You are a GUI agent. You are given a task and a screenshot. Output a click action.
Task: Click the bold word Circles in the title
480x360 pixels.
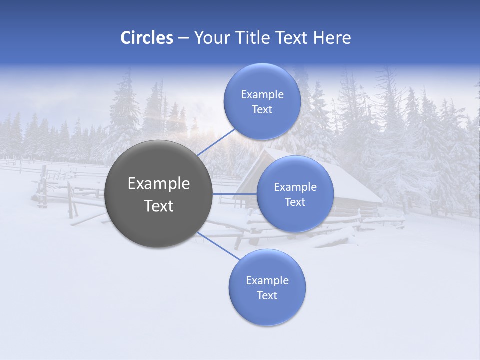click(x=147, y=38)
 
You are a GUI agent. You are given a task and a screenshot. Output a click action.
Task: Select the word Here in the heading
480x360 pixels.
click(x=332, y=38)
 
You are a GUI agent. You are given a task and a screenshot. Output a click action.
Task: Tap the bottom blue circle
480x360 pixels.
click(x=267, y=310)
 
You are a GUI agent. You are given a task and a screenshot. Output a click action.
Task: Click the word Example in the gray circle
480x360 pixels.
click(x=159, y=184)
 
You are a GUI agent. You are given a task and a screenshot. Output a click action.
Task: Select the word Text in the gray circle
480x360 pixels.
click(x=159, y=206)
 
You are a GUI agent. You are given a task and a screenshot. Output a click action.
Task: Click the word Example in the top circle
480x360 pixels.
click(x=262, y=95)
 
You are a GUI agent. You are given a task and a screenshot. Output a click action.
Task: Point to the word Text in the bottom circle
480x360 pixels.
click(x=267, y=295)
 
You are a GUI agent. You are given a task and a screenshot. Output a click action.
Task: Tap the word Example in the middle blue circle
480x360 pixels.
click(x=295, y=187)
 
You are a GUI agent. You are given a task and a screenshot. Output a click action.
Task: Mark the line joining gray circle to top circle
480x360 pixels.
click(x=216, y=142)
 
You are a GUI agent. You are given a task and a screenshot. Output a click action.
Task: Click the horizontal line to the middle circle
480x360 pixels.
click(x=235, y=194)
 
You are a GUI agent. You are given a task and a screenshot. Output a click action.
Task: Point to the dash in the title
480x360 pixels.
click(x=183, y=38)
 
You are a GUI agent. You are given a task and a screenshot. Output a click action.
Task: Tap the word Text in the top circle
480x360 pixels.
click(x=262, y=110)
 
